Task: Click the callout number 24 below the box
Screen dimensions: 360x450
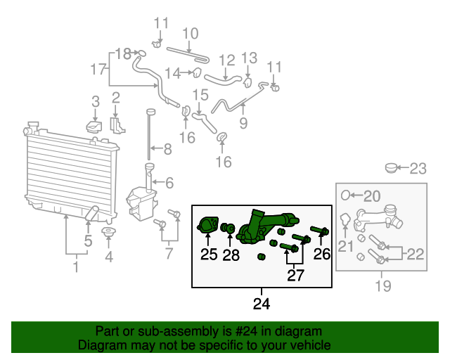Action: pos(262,304)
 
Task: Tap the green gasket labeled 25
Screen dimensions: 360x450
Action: pos(207,226)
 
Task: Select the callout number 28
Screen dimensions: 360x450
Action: pos(231,255)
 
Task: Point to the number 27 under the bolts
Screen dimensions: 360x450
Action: pos(295,275)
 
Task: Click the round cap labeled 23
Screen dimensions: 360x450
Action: pos(392,168)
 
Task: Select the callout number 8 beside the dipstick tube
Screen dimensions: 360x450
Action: pos(167,150)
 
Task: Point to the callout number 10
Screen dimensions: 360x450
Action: pos(191,33)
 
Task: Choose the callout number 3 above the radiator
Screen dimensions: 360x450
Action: pos(96,103)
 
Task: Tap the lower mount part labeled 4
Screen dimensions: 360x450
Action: pos(108,233)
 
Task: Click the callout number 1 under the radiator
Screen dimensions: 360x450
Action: pos(76,267)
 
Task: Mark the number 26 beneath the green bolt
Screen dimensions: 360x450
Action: pos(321,254)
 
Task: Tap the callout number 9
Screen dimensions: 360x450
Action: pos(243,124)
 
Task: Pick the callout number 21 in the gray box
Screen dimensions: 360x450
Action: pos(345,245)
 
